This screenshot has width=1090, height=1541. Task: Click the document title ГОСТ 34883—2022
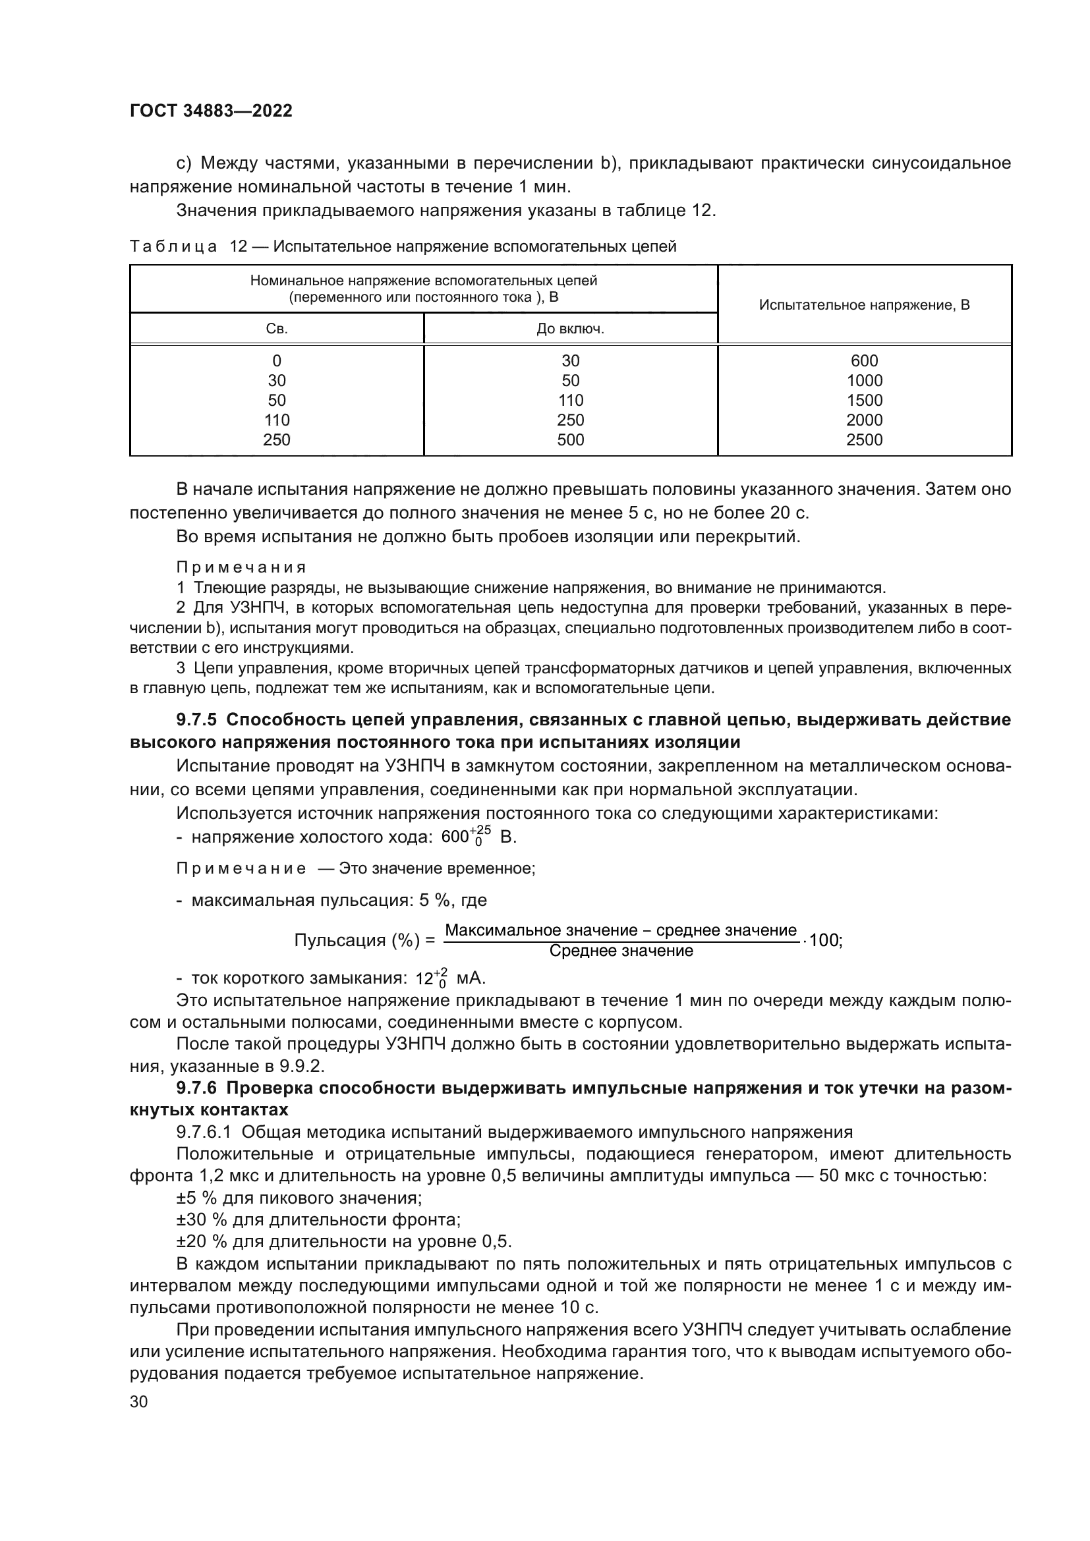coord(211,111)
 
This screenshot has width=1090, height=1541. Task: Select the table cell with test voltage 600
coord(864,360)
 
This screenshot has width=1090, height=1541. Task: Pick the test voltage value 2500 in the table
coord(864,439)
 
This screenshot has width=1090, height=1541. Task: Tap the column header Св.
coord(277,329)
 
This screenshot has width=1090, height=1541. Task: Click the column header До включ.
coord(570,329)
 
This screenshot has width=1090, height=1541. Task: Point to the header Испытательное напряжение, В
coord(864,305)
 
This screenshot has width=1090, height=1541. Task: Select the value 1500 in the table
coord(864,400)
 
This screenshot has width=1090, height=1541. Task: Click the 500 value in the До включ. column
coord(570,439)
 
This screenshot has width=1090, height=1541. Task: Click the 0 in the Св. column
coord(277,360)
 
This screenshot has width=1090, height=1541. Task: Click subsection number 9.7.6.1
coord(204,1133)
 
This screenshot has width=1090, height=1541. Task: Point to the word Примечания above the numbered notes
coord(241,568)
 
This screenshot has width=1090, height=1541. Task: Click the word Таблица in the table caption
coord(173,247)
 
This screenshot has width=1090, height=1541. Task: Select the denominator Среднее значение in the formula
coord(621,951)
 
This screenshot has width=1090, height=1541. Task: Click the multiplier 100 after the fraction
coord(824,940)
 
